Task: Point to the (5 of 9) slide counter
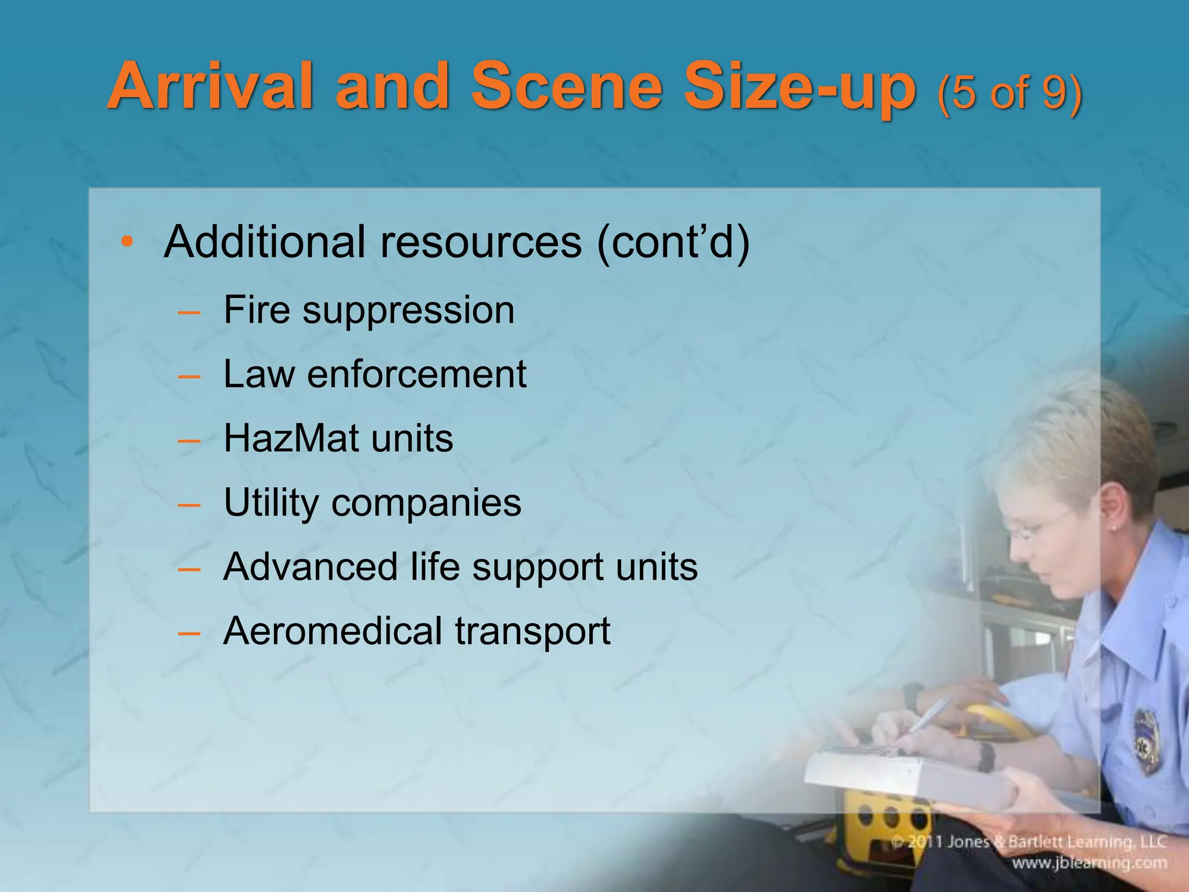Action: coord(1009,93)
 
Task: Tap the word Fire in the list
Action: coord(257,310)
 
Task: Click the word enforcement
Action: coord(416,374)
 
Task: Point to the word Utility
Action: coord(271,503)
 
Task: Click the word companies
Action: coord(426,503)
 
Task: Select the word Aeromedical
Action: coord(333,631)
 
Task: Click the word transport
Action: coord(532,632)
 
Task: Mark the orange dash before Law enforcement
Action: coord(189,376)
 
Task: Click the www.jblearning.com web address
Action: coord(1089,863)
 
